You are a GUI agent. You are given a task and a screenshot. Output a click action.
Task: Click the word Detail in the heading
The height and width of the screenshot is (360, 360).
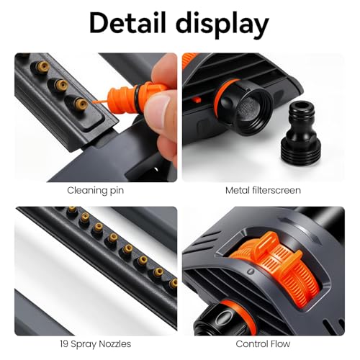point(127,23)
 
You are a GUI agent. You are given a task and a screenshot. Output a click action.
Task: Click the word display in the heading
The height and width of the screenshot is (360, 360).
point(222,25)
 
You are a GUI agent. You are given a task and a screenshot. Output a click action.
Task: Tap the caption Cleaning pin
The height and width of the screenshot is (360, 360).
point(96,191)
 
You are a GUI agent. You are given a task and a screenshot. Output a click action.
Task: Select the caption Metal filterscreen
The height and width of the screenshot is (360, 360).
point(263,190)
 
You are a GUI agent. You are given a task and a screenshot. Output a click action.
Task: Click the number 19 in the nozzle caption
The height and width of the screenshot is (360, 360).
point(64,343)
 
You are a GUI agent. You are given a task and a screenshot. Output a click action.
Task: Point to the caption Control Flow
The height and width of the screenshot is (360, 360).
point(263,343)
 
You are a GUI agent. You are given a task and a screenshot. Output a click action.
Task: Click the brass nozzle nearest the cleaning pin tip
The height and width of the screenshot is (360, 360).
point(81,104)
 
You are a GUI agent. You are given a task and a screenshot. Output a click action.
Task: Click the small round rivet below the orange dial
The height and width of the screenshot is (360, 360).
point(251,271)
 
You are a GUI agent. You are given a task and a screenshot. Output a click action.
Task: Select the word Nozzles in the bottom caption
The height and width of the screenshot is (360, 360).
point(115,343)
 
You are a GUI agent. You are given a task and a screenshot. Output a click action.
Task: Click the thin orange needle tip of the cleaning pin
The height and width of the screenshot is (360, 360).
point(100,102)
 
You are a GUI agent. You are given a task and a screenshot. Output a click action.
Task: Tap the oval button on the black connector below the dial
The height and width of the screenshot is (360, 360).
point(225,318)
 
